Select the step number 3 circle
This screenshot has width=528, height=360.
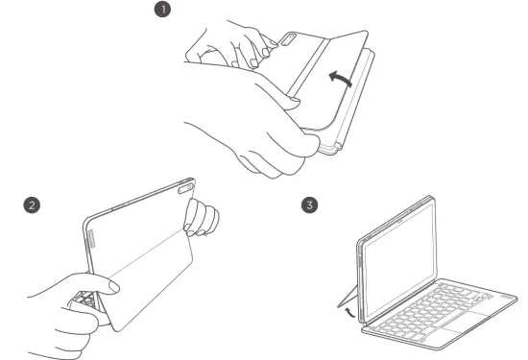coord(309,205)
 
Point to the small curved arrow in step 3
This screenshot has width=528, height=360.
coord(346,309)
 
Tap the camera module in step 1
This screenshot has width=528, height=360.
coord(290,39)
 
